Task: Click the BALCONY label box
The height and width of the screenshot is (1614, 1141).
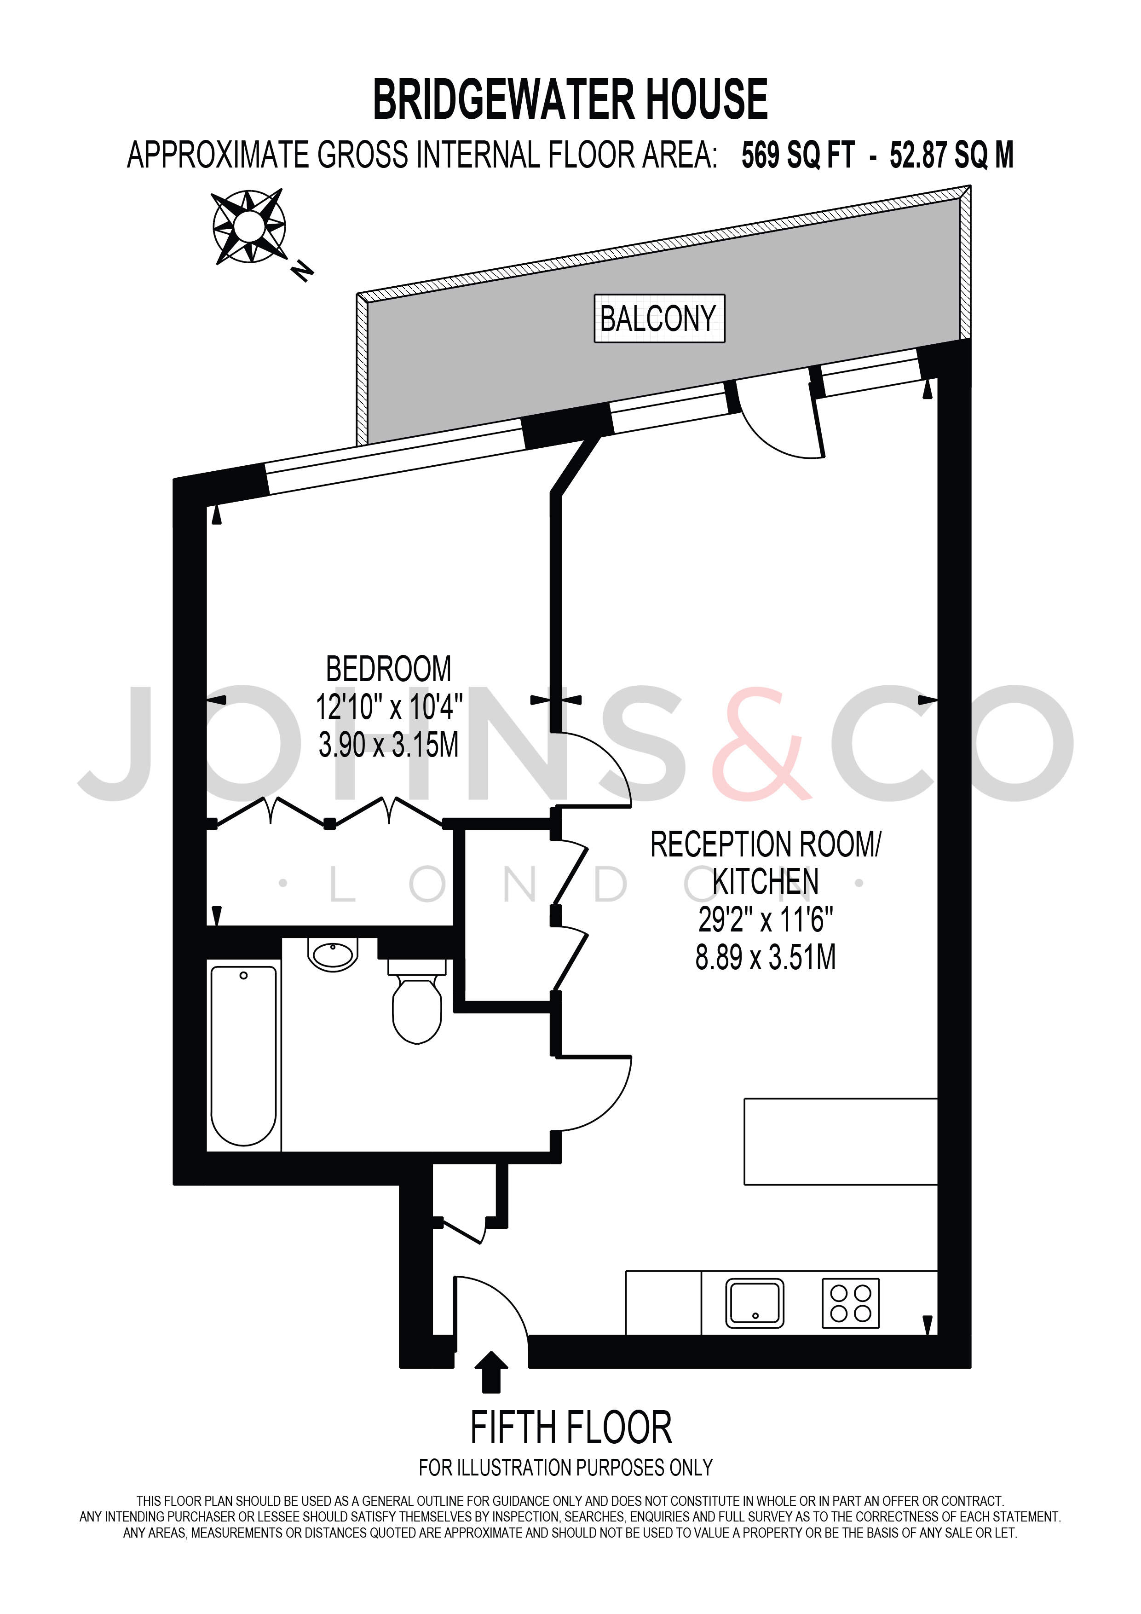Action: point(659,318)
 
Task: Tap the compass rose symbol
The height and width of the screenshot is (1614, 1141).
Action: point(249,226)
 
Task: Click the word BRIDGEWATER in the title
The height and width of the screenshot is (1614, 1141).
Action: point(503,100)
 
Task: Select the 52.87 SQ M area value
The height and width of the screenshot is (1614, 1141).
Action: point(951,156)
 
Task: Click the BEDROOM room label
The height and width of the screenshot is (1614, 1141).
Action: point(388,669)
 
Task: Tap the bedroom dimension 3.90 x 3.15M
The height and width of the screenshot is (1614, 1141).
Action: point(388,745)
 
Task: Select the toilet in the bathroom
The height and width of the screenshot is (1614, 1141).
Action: point(417,1000)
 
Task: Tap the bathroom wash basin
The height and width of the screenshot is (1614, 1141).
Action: point(333,954)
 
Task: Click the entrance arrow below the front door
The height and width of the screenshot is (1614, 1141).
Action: point(492,1371)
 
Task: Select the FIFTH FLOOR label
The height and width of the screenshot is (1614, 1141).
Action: point(571,1428)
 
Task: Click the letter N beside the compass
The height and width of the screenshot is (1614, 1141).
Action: point(303,270)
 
